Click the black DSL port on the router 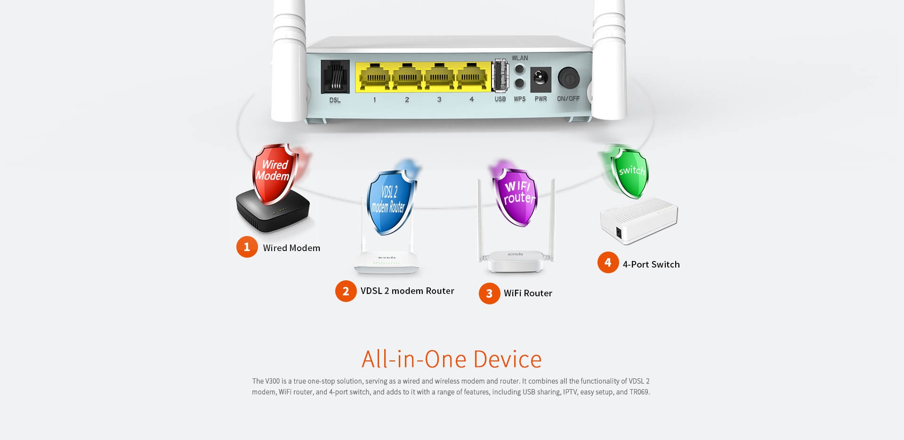tap(335, 77)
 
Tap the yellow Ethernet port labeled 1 tap(374, 77)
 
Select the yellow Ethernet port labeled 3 tap(439, 77)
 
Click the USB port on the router tap(500, 75)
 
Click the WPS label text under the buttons tap(519, 99)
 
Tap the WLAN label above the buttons tap(520, 58)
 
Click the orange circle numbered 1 tap(247, 247)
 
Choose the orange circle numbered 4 tap(608, 262)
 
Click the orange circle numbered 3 tap(489, 293)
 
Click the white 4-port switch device tap(638, 221)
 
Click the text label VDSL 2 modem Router tap(407, 291)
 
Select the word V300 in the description tap(272, 381)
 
